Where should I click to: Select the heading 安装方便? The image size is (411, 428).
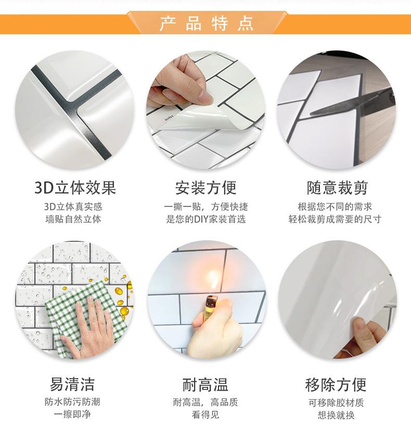click(205, 187)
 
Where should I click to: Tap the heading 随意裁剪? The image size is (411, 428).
click(336, 187)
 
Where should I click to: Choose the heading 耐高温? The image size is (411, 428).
click(205, 384)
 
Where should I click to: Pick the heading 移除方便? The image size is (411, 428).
click(336, 384)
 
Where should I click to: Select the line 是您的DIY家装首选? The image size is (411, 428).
click(205, 219)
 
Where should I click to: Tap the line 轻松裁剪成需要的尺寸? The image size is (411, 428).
click(336, 219)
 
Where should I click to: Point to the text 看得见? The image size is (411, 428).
click(205, 414)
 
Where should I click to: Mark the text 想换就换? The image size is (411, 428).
click(336, 414)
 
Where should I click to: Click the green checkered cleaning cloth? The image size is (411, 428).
click(86, 312)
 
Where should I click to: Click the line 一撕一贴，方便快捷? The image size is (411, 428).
click(205, 206)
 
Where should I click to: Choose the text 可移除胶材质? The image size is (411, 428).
click(336, 402)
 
